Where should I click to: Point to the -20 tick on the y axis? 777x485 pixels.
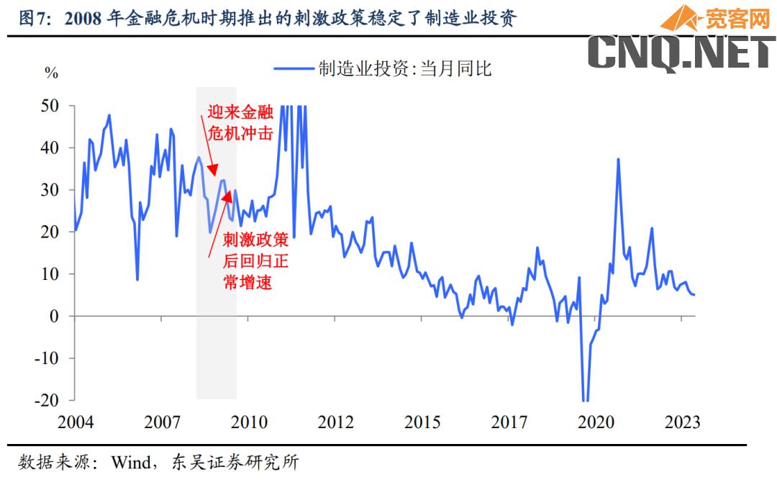coord(55,400)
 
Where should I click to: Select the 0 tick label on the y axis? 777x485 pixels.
coord(63,316)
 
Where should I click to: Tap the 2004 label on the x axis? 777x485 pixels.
coord(75,422)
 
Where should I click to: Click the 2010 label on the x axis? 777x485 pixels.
coord(249,422)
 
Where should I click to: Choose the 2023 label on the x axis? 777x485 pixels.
coord(682,422)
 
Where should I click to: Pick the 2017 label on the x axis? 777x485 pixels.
coord(509,422)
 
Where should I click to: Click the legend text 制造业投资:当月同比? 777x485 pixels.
coord(405,69)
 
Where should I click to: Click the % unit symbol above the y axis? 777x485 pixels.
coord(51,73)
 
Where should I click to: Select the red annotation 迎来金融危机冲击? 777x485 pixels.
coord(239,122)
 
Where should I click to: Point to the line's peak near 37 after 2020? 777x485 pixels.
coord(618,159)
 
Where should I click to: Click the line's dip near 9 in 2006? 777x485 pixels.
coord(137,279)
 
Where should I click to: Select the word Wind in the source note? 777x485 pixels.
coord(130,462)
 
